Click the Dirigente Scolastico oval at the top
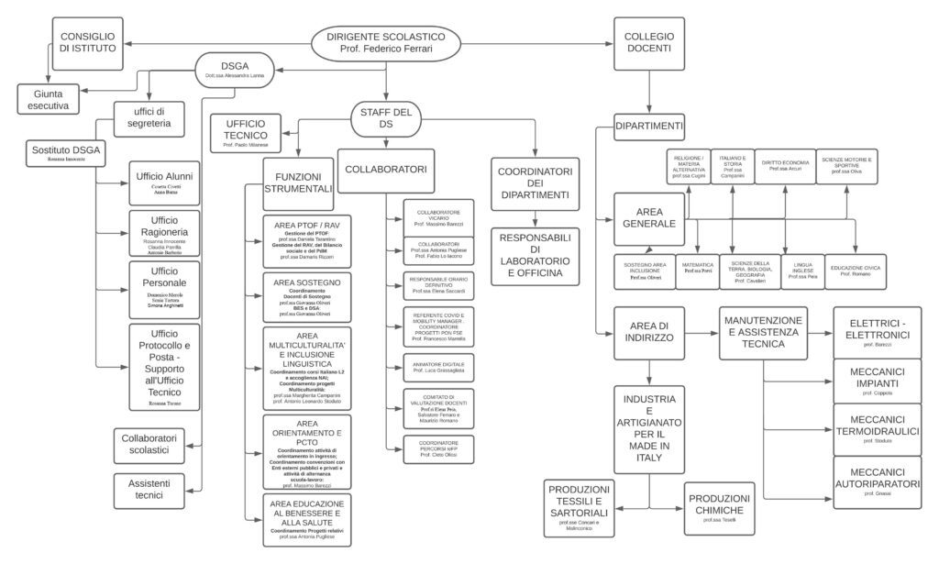(386, 41)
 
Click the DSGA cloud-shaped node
(236, 70)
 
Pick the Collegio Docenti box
(648, 42)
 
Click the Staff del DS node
(386, 119)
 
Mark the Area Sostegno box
(307, 296)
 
